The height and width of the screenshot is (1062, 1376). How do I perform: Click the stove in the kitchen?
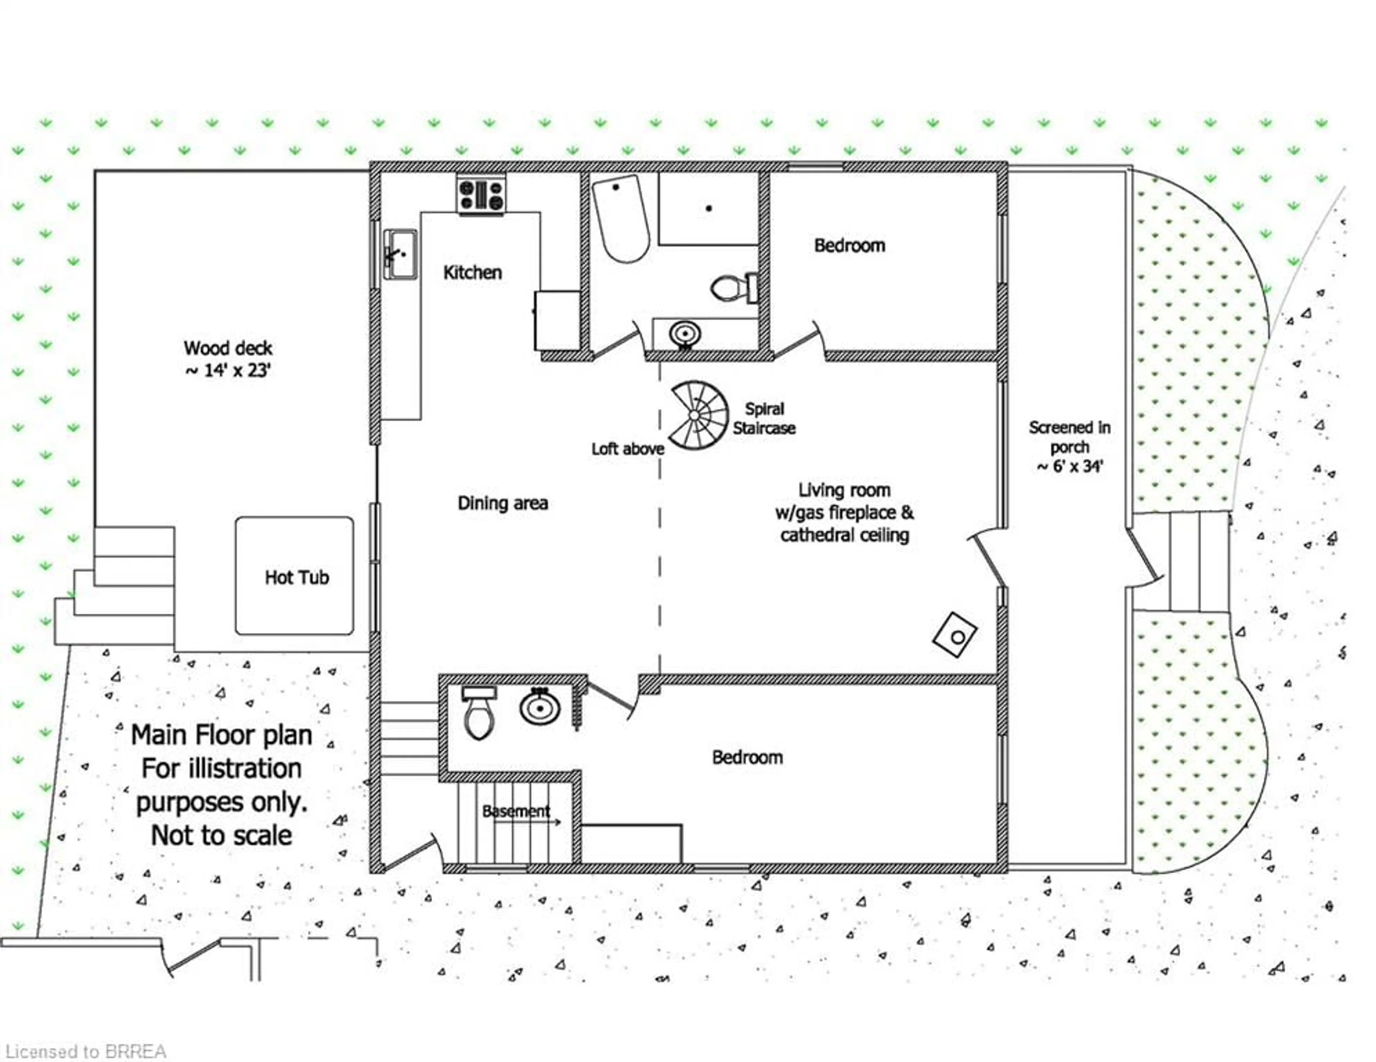(x=481, y=195)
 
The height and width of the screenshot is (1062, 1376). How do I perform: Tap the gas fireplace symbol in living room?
(x=955, y=635)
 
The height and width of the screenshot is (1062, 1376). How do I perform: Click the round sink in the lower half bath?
(x=540, y=707)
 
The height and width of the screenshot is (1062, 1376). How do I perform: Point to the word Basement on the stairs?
(x=516, y=811)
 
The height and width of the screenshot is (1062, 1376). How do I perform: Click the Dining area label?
(x=503, y=503)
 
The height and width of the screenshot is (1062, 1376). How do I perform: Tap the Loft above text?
(x=627, y=449)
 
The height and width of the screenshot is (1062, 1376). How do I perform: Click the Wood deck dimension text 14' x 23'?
(x=228, y=370)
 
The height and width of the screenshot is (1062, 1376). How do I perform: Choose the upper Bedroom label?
(x=849, y=246)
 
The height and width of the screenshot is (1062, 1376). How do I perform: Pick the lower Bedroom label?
(x=747, y=757)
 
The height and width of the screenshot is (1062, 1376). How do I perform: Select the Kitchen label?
(x=473, y=273)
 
